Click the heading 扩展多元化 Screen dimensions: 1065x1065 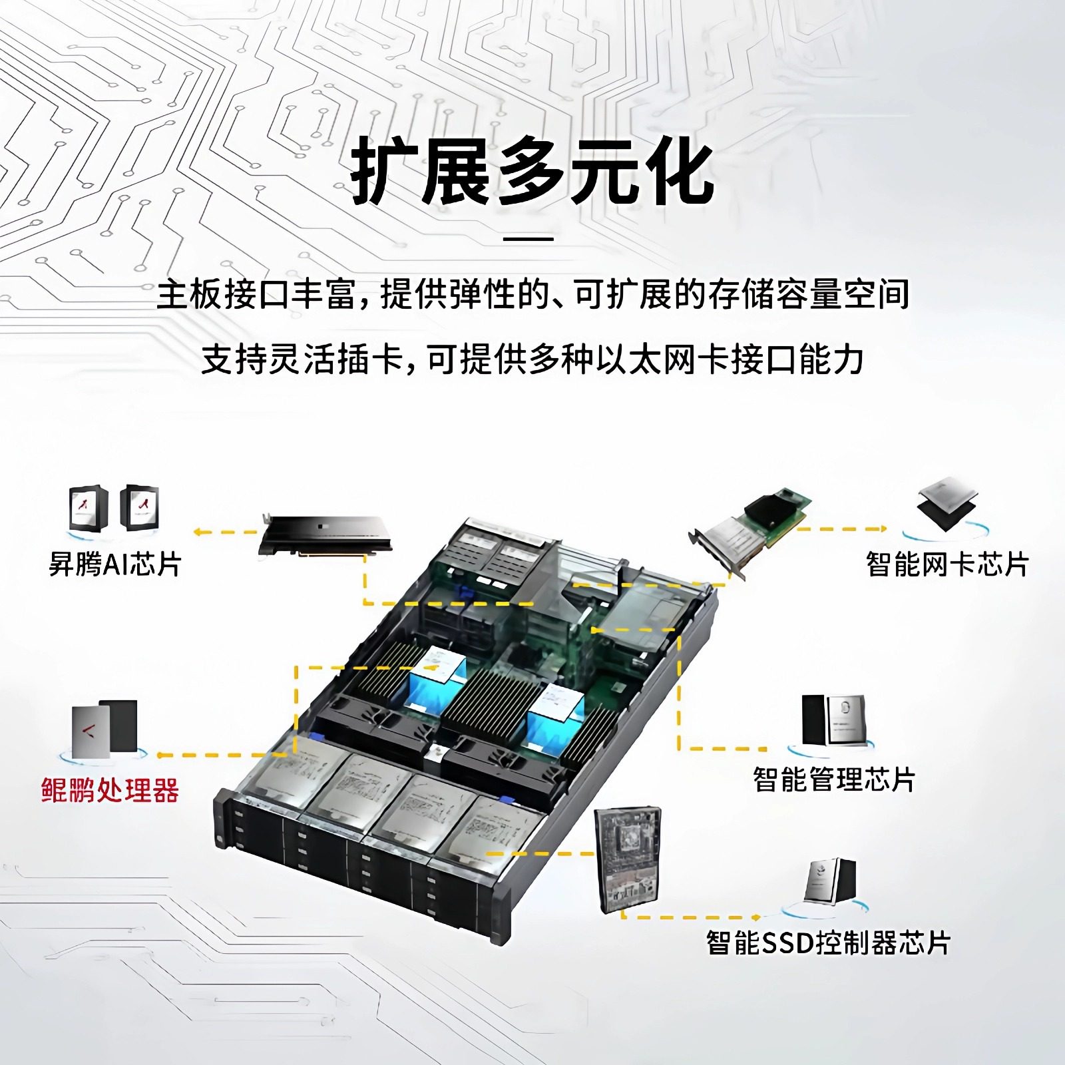532,172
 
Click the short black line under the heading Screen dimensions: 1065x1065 529,238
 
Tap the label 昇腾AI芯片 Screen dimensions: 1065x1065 115,564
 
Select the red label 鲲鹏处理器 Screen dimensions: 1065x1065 110,790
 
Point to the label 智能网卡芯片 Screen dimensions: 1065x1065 947,564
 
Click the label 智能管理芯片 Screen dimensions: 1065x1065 834,779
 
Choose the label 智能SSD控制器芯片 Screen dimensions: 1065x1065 828,943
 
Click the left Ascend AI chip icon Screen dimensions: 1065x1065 89,508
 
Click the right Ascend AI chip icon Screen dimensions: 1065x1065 140,508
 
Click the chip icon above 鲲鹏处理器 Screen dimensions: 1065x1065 105,729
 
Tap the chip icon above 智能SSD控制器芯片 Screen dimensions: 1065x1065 830,880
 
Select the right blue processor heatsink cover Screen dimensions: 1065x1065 556,716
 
